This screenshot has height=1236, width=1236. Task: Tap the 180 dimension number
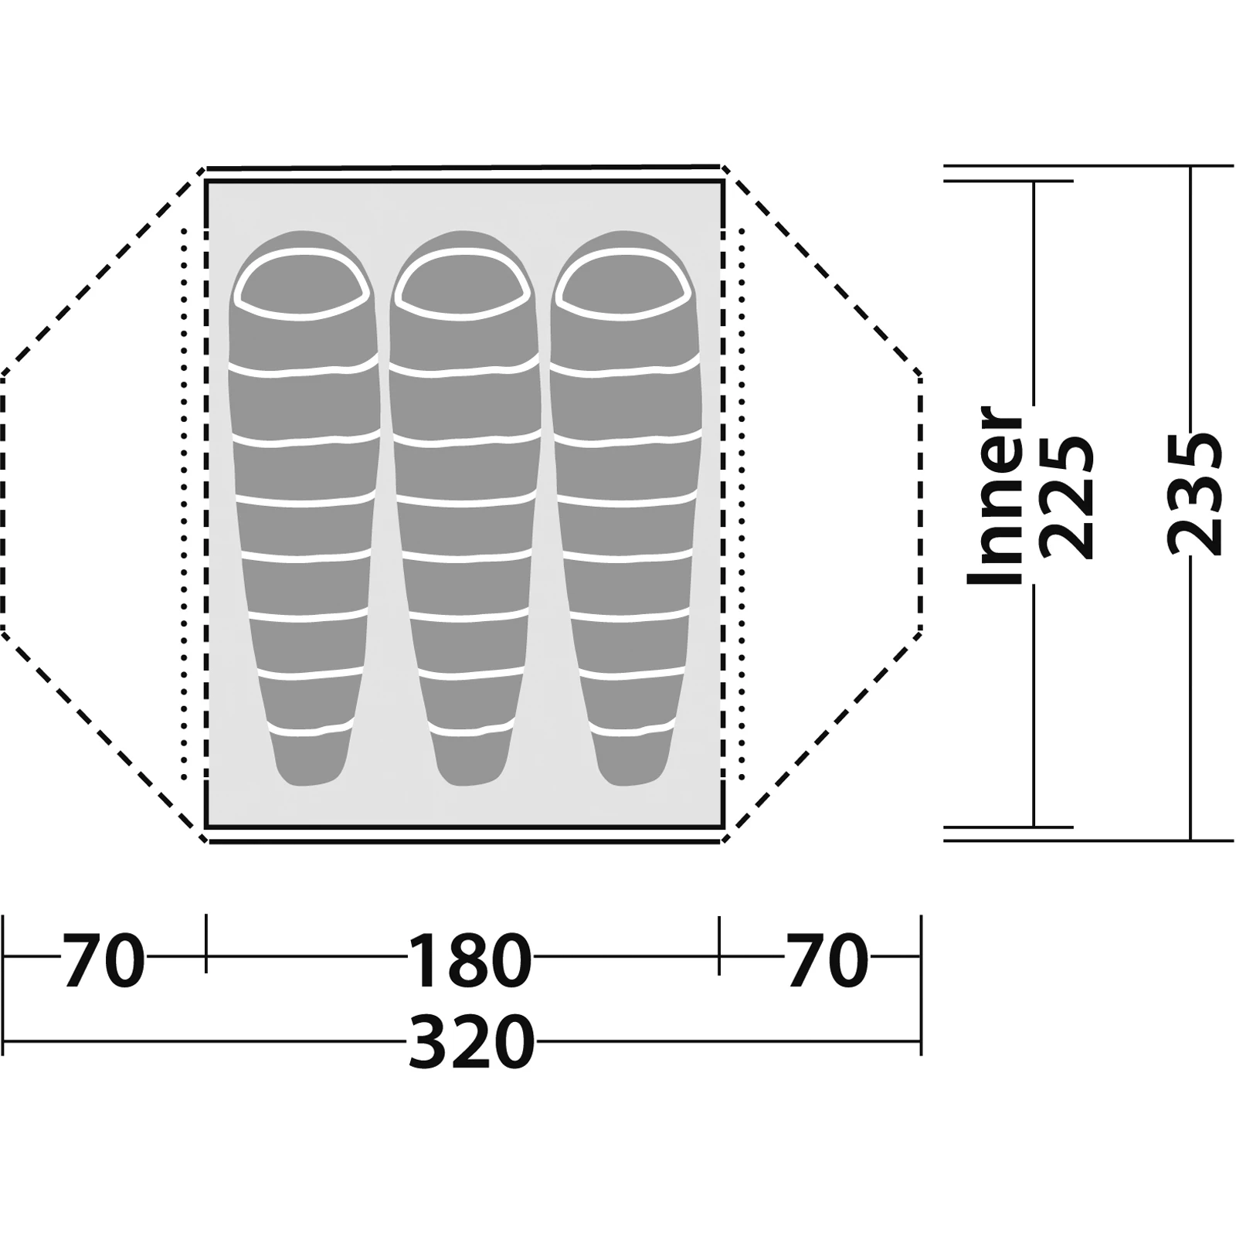tap(470, 961)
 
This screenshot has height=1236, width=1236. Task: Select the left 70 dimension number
tap(104, 961)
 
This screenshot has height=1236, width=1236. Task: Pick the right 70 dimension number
tap(827, 961)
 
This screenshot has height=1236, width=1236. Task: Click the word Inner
tap(996, 495)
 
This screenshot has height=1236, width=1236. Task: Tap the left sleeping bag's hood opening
tap(301, 284)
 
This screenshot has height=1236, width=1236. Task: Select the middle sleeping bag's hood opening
tap(462, 284)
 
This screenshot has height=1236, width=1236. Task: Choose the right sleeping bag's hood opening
tap(623, 284)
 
